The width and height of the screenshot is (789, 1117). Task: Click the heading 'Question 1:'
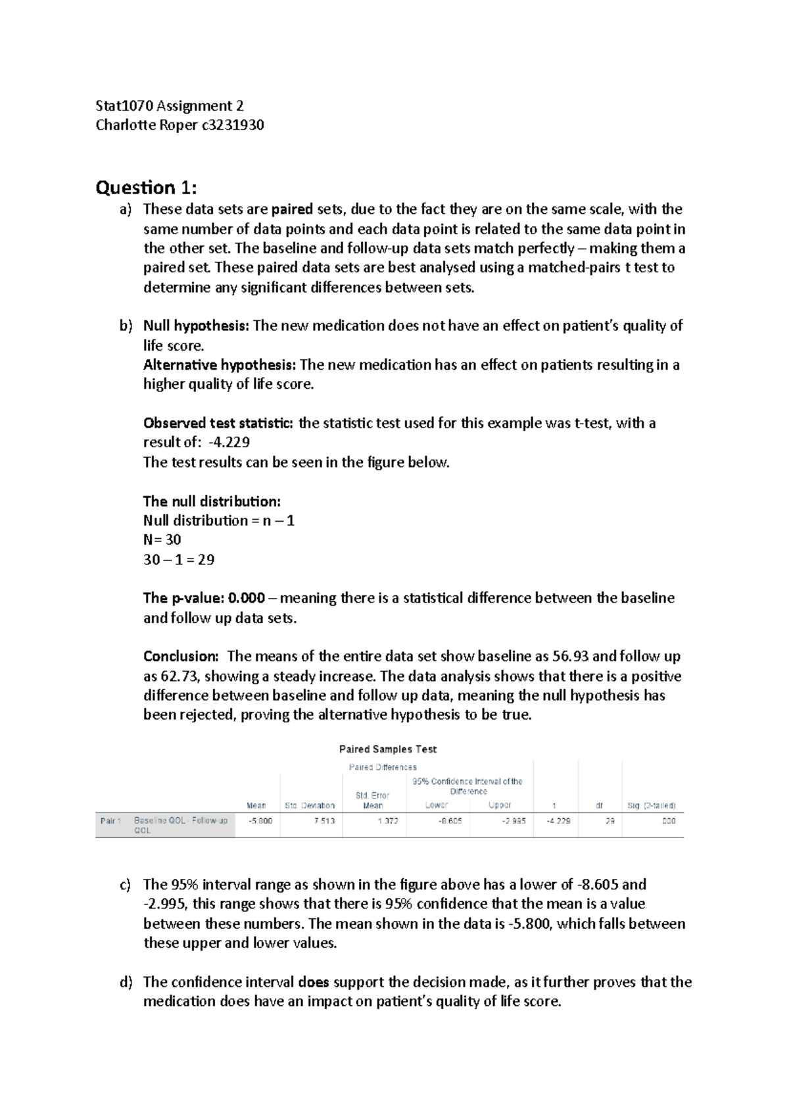[x=145, y=188]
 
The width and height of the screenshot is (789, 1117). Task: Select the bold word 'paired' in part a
[x=292, y=210]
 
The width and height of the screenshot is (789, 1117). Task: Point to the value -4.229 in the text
[x=228, y=443]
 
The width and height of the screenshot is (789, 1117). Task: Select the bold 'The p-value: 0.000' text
[x=204, y=599]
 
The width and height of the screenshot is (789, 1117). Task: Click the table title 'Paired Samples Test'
[x=388, y=749]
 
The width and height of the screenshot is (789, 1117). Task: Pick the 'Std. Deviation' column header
[x=310, y=806]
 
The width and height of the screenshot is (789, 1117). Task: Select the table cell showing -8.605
[x=450, y=822]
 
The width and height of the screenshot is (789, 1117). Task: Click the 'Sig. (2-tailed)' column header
[x=652, y=806]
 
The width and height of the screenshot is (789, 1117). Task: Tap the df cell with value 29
[x=610, y=822]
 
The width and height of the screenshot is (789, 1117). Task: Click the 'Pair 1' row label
[x=110, y=822]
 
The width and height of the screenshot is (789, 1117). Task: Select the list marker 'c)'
[x=125, y=885]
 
